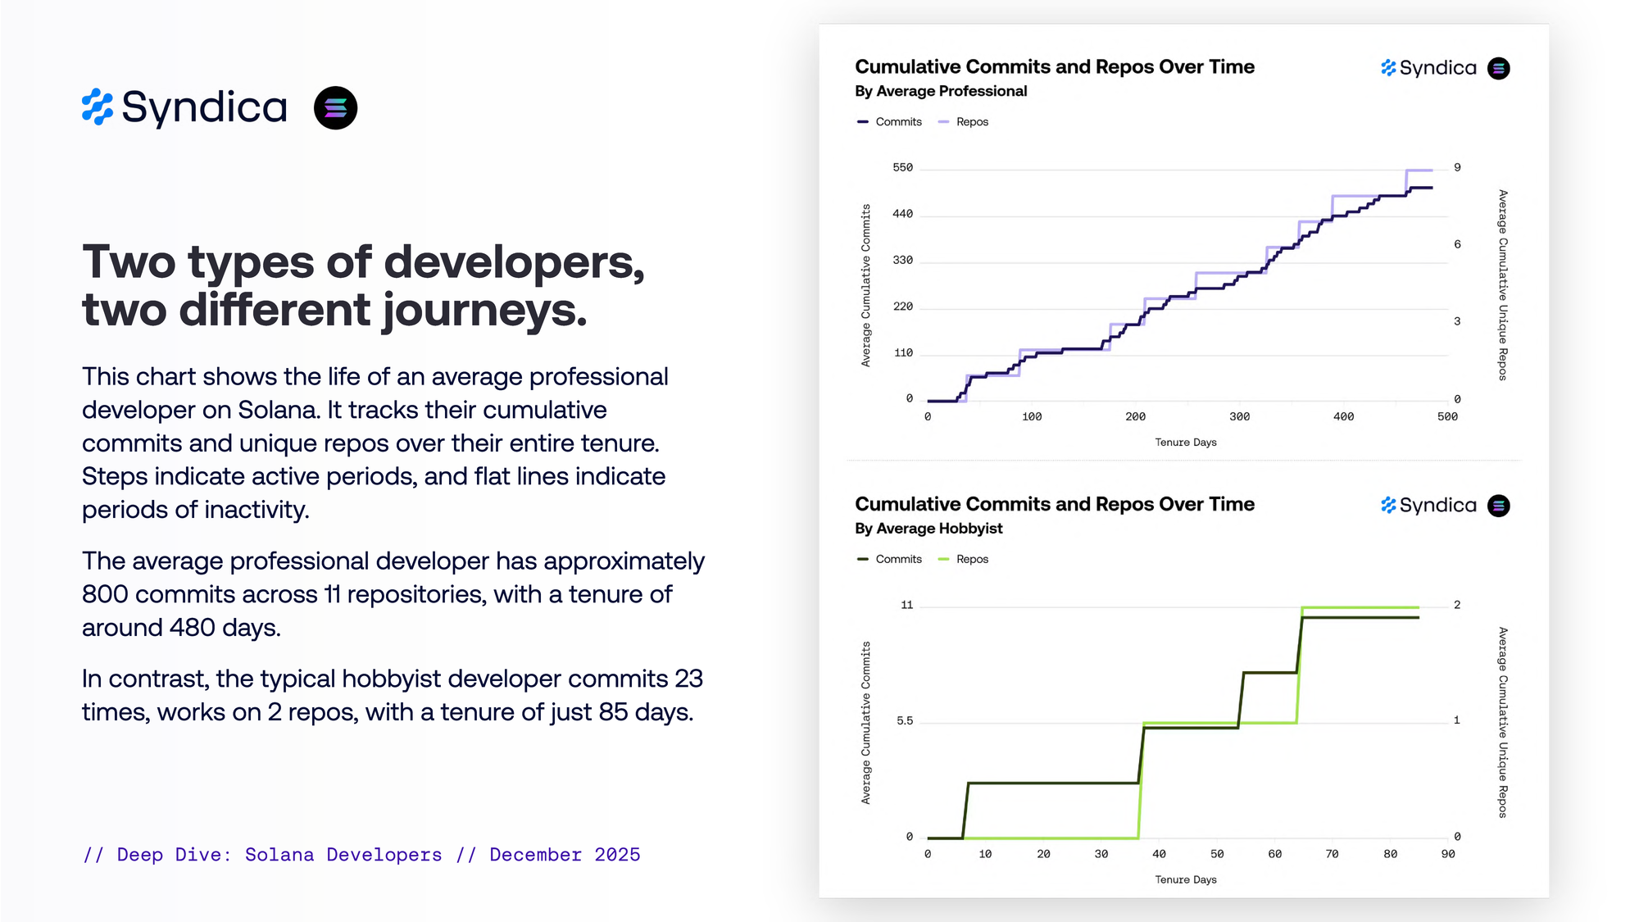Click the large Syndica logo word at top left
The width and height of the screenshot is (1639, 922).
[x=204, y=107]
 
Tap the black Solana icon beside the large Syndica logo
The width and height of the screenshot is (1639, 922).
[x=335, y=108]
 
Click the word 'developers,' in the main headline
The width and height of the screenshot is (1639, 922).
[x=514, y=262]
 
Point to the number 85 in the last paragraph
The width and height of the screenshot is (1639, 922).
[x=613, y=711]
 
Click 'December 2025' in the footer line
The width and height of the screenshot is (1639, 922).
[x=565, y=855]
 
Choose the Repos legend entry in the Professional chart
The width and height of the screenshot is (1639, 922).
[x=972, y=122]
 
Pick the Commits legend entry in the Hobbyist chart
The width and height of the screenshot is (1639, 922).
[x=898, y=560]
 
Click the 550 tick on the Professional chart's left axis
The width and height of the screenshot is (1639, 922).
[x=902, y=168]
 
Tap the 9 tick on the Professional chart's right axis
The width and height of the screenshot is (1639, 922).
[x=1457, y=168]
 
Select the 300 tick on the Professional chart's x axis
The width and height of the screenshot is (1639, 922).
[x=1239, y=417]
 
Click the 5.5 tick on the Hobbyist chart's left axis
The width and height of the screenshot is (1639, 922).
[x=904, y=721]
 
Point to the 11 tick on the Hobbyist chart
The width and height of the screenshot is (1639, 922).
[x=906, y=606]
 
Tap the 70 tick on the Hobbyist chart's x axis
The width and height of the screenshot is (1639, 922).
[x=1333, y=854]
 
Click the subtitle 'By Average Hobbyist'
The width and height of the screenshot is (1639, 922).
[x=928, y=529]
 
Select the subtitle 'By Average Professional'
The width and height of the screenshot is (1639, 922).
[x=941, y=91]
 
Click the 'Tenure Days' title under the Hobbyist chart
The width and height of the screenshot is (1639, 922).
[x=1186, y=880]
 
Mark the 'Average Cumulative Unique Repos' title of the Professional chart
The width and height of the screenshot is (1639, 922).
[x=1502, y=285]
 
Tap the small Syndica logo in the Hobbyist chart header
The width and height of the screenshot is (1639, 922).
[x=1428, y=506]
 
